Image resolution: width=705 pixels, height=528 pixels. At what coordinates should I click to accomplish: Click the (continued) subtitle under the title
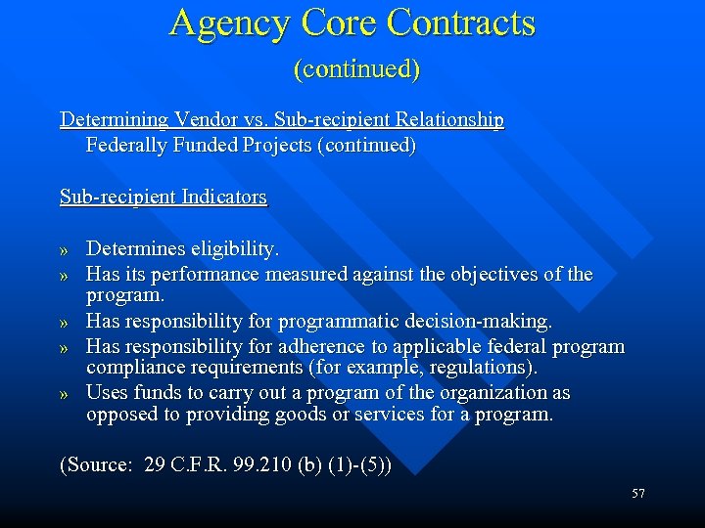pyautogui.click(x=355, y=68)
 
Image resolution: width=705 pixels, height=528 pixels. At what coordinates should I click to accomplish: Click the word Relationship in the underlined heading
pyautogui.click(x=442, y=120)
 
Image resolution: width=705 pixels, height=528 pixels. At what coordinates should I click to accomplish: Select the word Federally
pyautogui.click(x=127, y=146)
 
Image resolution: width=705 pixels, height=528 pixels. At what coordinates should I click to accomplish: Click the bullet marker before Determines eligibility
pyautogui.click(x=66, y=251)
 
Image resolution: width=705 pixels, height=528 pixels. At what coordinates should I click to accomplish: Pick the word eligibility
pyautogui.click(x=236, y=249)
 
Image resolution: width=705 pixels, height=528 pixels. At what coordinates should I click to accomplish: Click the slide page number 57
pyautogui.click(x=637, y=494)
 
